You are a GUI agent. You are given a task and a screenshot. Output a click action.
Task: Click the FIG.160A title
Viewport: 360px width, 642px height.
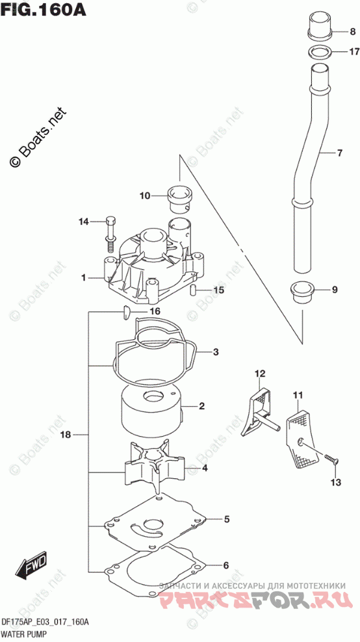44,9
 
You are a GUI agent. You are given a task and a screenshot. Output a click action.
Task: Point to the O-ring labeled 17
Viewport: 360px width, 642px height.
318,53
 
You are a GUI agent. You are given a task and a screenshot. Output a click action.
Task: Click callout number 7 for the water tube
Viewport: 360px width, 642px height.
339,153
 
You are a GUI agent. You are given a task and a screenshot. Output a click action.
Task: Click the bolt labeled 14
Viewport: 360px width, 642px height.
110,233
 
